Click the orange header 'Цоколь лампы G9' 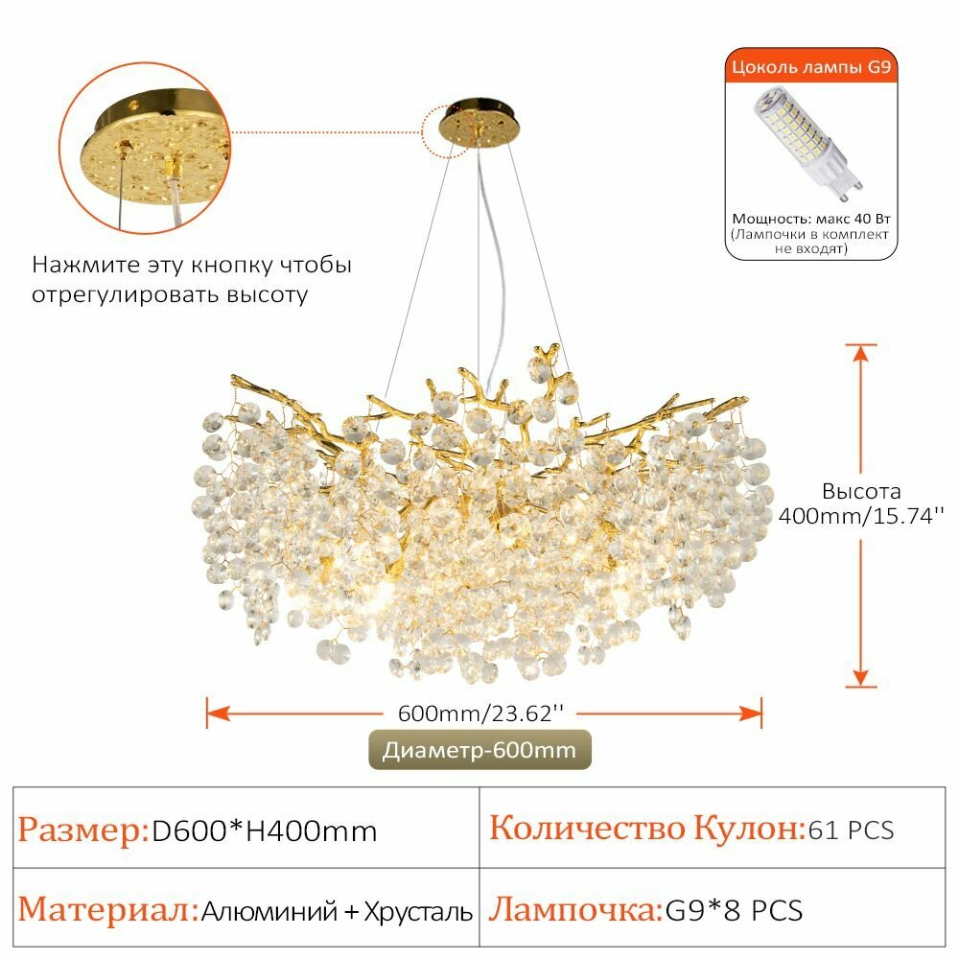click(x=811, y=66)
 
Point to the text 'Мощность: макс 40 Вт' click(x=811, y=219)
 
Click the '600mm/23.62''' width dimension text click(x=480, y=713)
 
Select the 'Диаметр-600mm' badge click(x=479, y=750)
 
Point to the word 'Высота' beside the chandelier click(x=861, y=491)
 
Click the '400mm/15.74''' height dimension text click(x=861, y=516)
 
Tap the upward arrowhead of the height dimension click(x=860, y=354)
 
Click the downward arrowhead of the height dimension click(x=860, y=677)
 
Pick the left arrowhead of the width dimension click(x=218, y=713)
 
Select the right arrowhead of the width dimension click(x=751, y=713)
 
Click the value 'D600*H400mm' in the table click(x=265, y=831)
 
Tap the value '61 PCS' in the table click(x=851, y=830)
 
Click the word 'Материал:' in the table click(x=108, y=909)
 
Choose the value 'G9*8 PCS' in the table click(x=734, y=910)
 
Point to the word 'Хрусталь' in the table click(x=418, y=911)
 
